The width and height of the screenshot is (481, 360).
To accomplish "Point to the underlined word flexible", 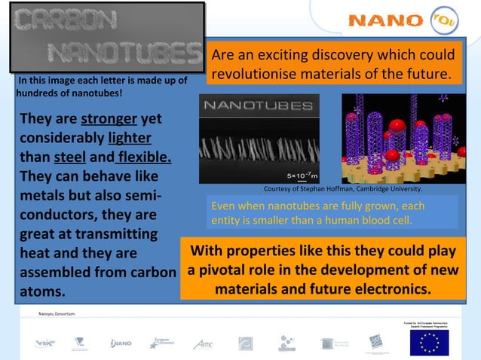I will pos(143,159).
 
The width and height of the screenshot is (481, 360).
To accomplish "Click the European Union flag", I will pos(428,343).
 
